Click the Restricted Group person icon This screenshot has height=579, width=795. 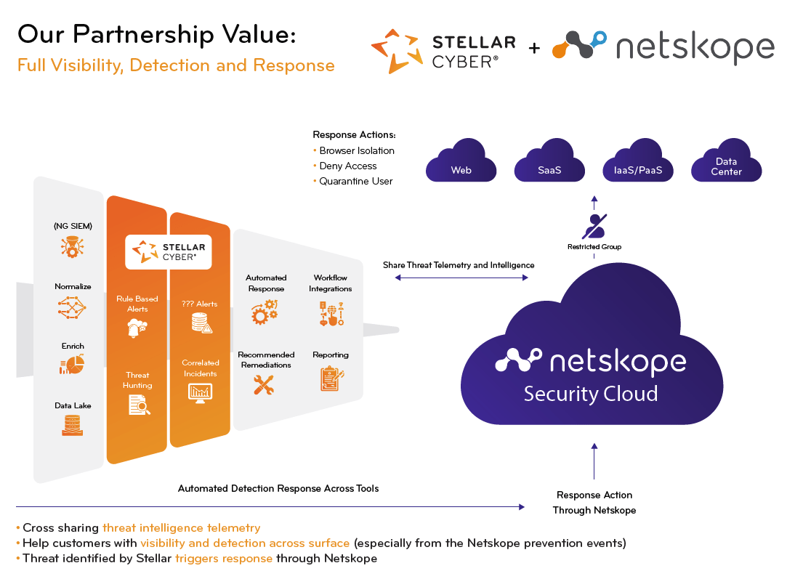point(595,226)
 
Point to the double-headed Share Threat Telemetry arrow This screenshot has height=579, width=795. point(459,278)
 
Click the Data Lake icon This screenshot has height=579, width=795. point(73,425)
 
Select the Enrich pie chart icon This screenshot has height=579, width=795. point(73,365)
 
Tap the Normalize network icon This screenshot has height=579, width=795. point(73,307)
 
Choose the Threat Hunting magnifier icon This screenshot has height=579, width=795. point(138,405)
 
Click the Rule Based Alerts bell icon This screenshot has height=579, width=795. point(137,329)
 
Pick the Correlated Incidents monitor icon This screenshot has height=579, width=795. point(201,392)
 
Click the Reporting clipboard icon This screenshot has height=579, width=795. point(331,378)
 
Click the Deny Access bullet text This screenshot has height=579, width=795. point(347,166)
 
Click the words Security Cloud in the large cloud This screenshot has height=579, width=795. point(591,394)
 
